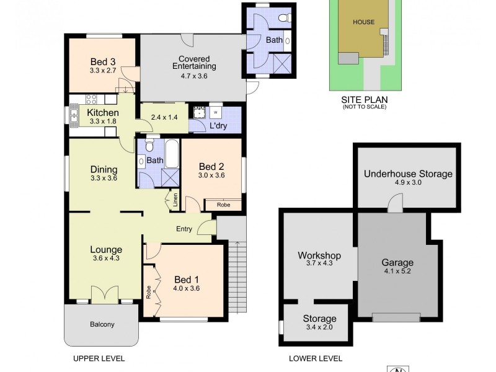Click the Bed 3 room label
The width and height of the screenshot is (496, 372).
[x=103, y=61]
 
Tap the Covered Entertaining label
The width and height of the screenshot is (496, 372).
[x=193, y=62]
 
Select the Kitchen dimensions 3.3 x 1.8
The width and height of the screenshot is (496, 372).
[x=103, y=122]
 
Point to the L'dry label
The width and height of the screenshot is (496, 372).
[x=217, y=126]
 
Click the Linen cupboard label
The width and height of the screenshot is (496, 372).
[x=175, y=200]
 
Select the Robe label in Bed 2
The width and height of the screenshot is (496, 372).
[x=223, y=205]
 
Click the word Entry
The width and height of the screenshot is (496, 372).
[x=184, y=229]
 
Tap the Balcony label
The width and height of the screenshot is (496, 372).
[x=102, y=324]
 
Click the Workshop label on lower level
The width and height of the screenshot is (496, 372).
[x=320, y=255]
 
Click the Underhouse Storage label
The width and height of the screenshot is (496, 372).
[x=408, y=174]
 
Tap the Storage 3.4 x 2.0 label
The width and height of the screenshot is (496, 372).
[x=319, y=327]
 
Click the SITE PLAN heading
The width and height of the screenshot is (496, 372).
[x=364, y=99]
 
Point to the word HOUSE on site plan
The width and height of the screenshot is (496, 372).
[x=364, y=22]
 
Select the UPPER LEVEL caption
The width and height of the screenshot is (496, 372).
[x=99, y=358]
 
